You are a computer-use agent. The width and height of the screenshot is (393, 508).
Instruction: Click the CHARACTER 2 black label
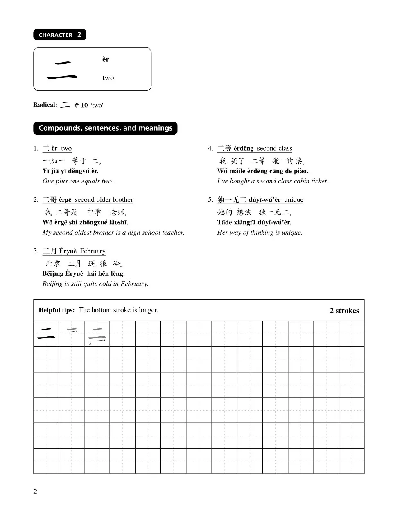(x=60, y=35)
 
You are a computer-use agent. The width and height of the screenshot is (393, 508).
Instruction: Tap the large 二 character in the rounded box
(x=62, y=70)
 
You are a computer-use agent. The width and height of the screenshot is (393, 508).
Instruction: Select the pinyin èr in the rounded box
(x=106, y=59)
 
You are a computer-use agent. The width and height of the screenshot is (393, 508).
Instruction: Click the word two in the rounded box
(x=108, y=78)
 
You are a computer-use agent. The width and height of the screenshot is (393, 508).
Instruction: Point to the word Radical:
(x=45, y=105)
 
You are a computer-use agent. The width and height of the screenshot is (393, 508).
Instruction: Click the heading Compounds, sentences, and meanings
(x=105, y=128)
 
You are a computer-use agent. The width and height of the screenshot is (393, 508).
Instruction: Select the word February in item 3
(x=93, y=251)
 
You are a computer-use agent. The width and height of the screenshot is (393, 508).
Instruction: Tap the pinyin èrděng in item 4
(x=244, y=148)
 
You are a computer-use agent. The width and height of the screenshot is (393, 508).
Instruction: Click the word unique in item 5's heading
(x=294, y=200)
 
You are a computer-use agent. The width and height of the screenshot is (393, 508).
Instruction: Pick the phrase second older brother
(x=104, y=200)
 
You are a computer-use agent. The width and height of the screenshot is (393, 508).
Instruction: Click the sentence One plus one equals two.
(x=78, y=181)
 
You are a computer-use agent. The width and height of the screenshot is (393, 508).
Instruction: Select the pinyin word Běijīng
(x=53, y=273)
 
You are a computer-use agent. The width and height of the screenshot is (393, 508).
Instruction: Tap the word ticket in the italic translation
(x=318, y=181)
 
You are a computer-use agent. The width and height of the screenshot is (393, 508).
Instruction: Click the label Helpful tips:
(x=56, y=310)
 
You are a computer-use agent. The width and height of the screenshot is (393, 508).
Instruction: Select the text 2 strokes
(x=344, y=311)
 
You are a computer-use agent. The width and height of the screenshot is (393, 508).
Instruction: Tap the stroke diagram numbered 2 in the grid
(x=97, y=334)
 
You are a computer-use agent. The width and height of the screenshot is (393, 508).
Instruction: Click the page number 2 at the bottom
(x=35, y=492)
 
